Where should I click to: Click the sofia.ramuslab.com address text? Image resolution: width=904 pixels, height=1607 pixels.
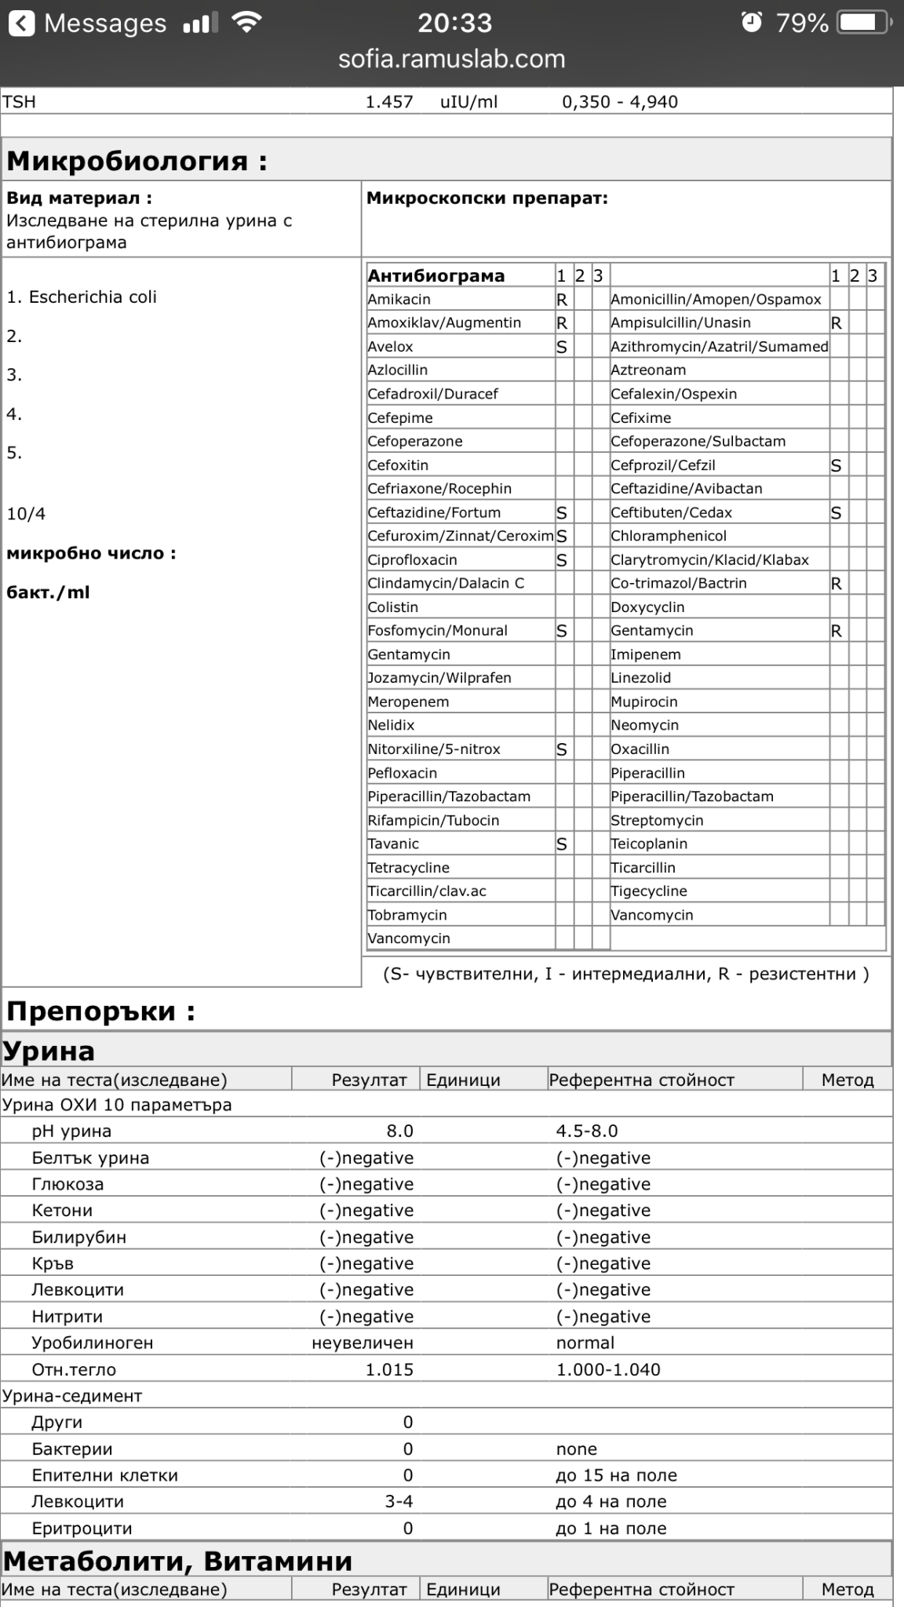click(451, 59)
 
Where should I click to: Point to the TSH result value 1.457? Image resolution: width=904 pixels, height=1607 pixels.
click(389, 102)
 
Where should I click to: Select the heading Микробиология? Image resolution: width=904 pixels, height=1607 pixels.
click(137, 161)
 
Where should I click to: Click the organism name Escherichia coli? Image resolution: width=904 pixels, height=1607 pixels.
click(93, 297)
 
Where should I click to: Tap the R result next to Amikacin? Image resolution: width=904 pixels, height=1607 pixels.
click(562, 300)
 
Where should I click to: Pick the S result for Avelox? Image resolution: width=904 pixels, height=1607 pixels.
click(562, 347)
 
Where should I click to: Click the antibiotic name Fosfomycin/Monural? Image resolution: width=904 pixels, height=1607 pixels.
click(438, 631)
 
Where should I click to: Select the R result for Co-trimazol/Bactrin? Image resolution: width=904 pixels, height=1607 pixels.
click(837, 584)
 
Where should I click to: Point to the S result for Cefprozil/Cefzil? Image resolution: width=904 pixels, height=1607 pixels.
click(837, 465)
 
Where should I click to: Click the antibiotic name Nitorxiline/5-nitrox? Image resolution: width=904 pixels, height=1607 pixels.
click(434, 749)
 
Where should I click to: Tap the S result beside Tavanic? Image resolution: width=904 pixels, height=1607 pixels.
click(562, 844)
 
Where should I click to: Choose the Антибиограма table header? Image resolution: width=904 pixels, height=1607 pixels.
click(436, 275)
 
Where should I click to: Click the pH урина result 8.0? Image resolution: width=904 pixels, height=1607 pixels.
click(399, 1131)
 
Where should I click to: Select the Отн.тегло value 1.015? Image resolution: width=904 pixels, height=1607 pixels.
click(389, 1369)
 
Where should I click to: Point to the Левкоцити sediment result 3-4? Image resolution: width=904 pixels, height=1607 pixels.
click(399, 1501)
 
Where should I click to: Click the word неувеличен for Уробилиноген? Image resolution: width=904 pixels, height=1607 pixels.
click(363, 1343)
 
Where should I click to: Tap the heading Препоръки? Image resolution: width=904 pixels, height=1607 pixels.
click(100, 1011)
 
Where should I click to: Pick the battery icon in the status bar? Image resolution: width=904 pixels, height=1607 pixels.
click(863, 23)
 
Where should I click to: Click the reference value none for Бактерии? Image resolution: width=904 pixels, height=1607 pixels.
click(577, 1448)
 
